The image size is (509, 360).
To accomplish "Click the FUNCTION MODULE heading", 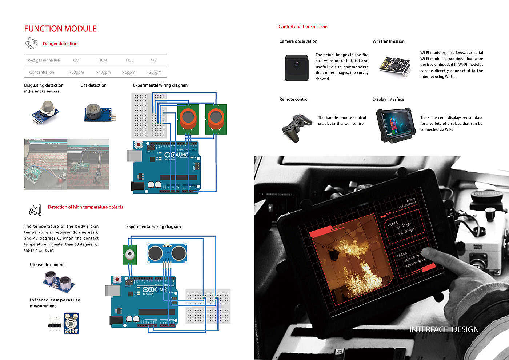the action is point(60,29).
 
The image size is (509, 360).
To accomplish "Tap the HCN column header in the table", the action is point(103,60).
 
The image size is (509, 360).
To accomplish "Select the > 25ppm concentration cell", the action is point(154,72).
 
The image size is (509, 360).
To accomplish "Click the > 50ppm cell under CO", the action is point(76,72).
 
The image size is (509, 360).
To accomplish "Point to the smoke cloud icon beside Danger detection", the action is point(32,43).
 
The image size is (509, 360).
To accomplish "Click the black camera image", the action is point(297,68).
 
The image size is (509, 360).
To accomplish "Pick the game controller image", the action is point(297,127).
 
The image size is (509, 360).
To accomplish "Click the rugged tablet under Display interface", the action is point(394,125).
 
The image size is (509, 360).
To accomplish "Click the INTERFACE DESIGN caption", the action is point(444,329).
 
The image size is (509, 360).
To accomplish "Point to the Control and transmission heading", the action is point(303,27).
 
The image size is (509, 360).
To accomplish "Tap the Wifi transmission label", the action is point(388,41).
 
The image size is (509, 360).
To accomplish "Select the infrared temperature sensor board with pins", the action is point(71,323).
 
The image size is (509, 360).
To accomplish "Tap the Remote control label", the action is point(294,99).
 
